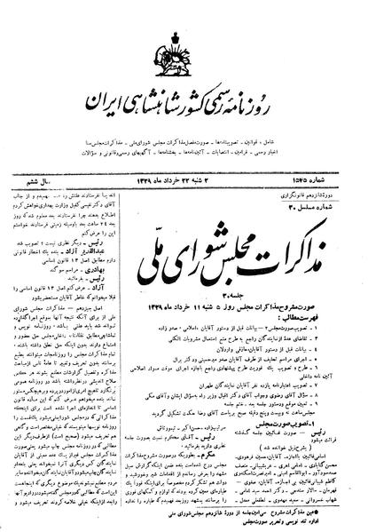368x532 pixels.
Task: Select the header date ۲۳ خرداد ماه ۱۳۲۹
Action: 186,144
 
